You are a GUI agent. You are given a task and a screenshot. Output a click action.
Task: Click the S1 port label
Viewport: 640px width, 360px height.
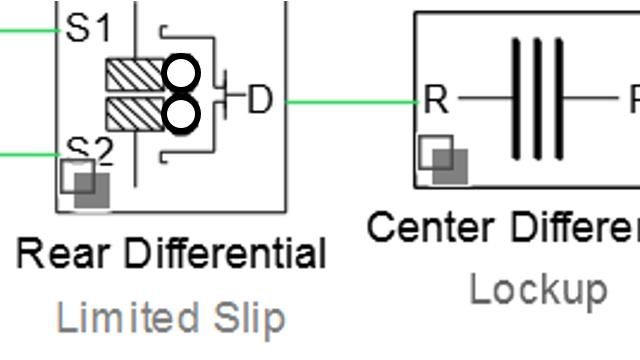(89, 28)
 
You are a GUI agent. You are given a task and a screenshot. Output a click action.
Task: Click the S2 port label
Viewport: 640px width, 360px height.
(90, 150)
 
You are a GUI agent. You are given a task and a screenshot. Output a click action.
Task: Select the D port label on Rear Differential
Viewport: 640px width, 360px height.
(259, 100)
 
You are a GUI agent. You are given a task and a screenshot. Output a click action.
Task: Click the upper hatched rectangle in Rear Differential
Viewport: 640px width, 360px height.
(132, 75)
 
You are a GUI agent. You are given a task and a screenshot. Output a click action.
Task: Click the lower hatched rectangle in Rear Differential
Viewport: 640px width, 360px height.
(132, 113)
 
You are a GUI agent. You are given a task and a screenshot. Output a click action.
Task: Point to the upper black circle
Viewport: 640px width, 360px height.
(181, 74)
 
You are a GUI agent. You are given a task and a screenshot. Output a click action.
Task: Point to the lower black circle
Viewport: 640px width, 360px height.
(181, 113)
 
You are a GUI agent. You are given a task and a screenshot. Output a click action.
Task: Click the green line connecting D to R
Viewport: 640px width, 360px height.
(350, 101)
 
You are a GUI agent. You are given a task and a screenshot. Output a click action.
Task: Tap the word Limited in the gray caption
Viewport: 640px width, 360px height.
(111, 318)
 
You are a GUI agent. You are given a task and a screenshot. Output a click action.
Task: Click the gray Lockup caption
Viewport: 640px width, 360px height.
(538, 290)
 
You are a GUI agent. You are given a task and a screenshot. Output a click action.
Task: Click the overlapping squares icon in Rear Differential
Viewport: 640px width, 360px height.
(85, 182)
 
